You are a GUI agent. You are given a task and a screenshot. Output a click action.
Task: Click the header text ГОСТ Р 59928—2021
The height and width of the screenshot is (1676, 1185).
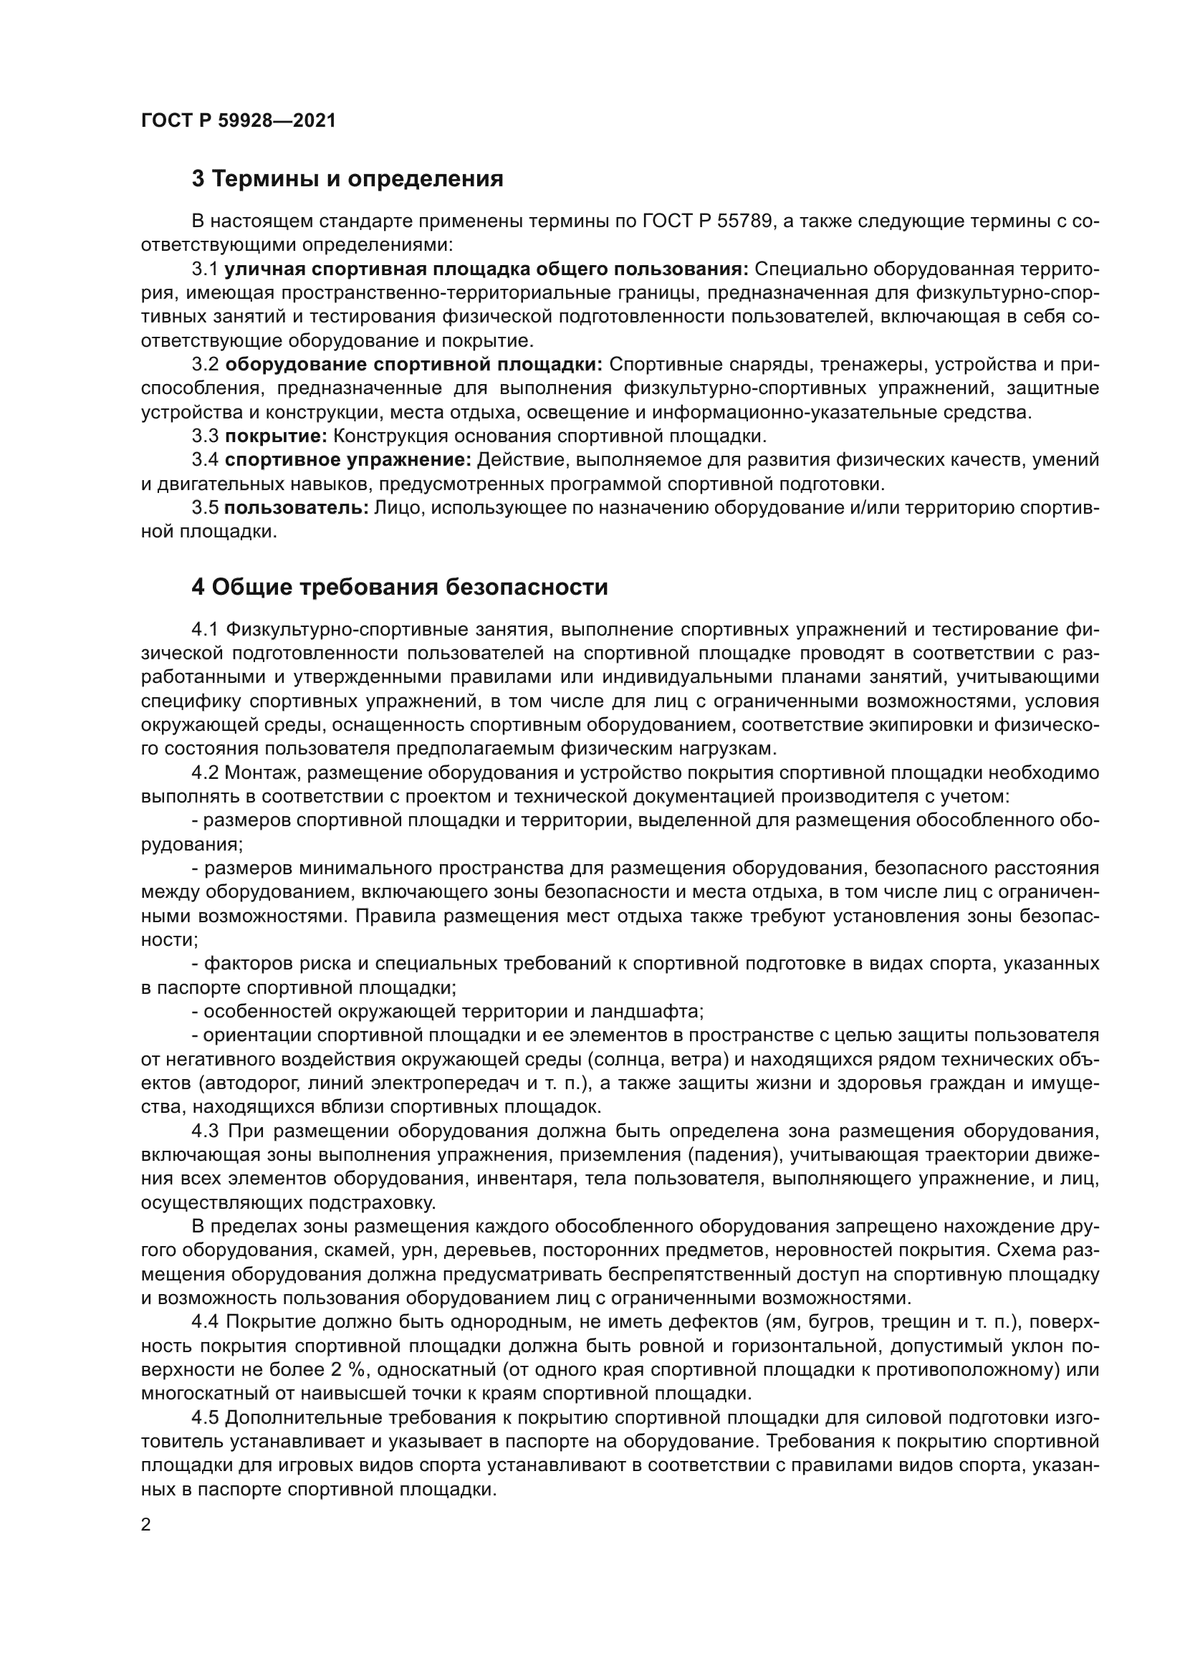(x=239, y=121)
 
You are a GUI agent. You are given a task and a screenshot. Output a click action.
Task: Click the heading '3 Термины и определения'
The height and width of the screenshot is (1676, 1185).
(x=347, y=179)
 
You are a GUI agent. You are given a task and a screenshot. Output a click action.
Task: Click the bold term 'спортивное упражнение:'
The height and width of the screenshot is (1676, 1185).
(x=348, y=460)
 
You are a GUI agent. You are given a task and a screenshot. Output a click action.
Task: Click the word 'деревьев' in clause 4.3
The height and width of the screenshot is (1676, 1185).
(x=474, y=1250)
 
